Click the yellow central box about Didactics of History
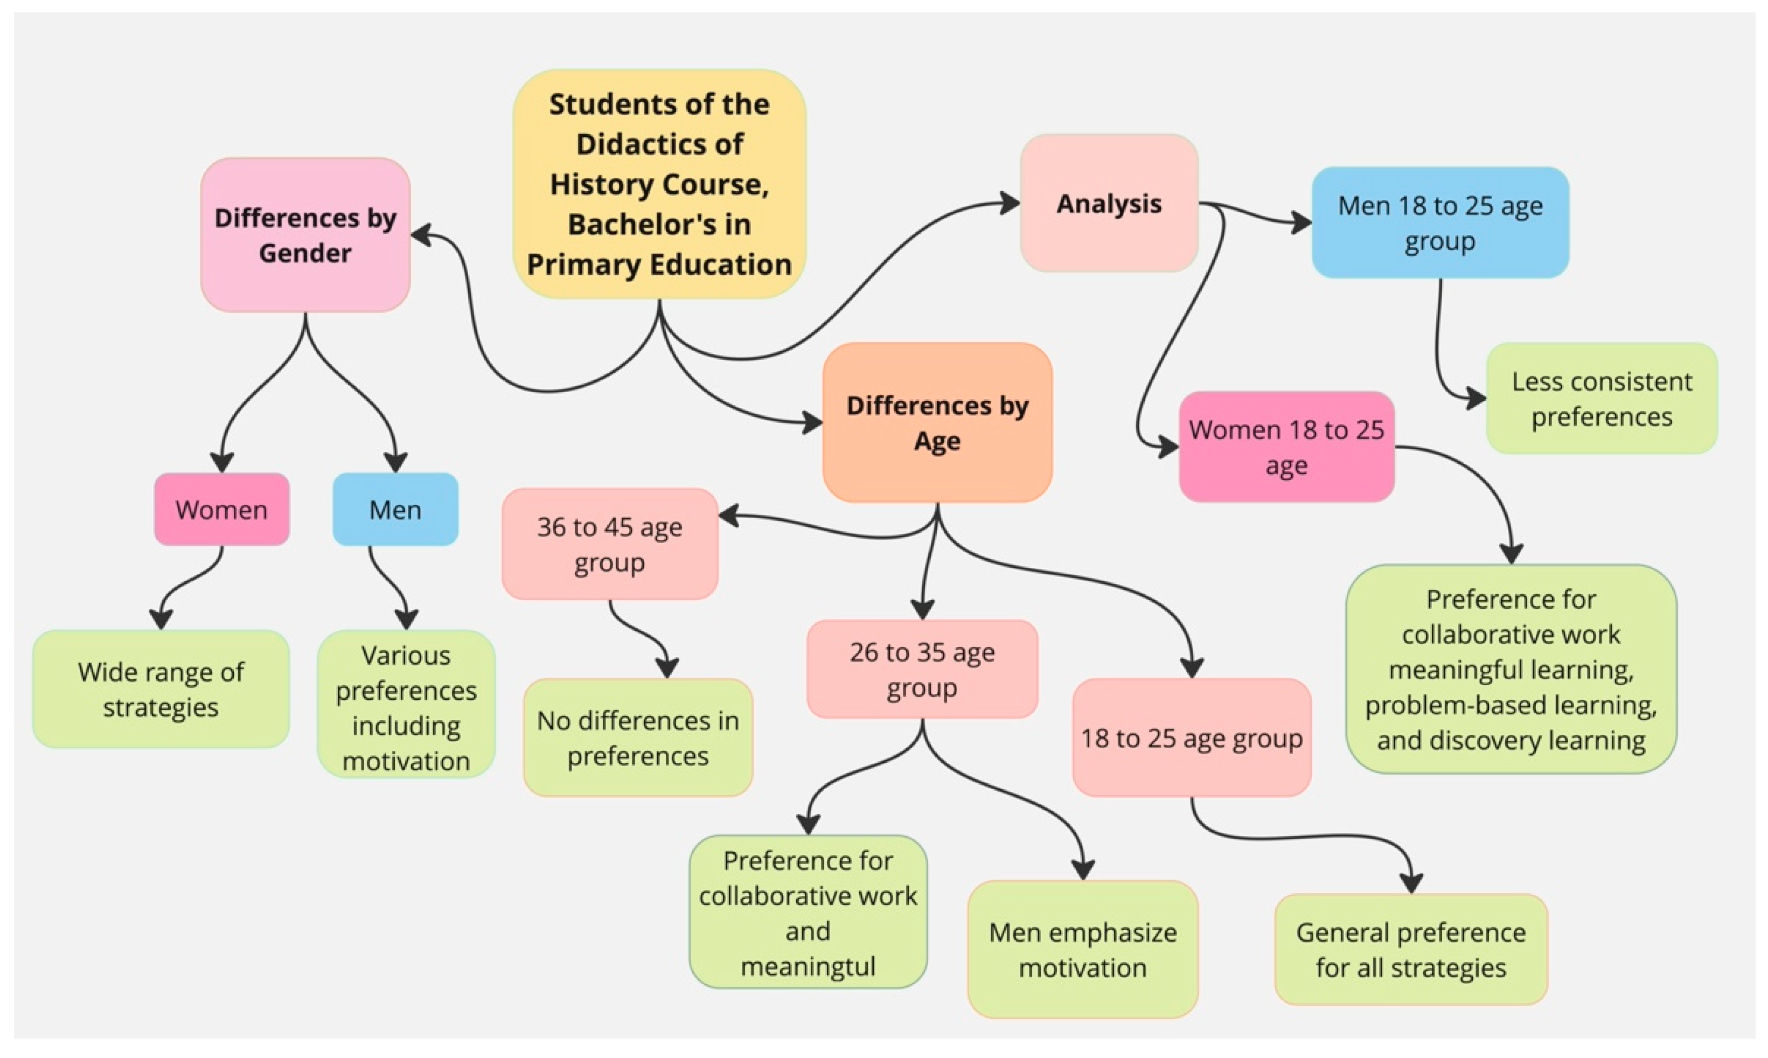click(659, 184)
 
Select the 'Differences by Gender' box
click(305, 235)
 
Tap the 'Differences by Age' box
click(937, 423)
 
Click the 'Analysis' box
click(1109, 204)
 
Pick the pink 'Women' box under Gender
click(222, 510)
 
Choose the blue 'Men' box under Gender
click(395, 510)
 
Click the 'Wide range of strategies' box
click(161, 688)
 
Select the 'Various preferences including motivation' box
click(406, 707)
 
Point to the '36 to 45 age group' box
click(609, 544)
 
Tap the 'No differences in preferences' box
click(637, 738)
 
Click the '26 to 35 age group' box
click(922, 670)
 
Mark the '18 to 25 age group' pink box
click(1191, 738)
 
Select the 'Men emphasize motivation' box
click(1082, 950)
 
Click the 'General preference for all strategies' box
click(1411, 950)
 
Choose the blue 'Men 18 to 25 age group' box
click(1439, 222)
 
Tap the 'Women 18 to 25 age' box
click(1286, 447)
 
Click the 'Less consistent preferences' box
click(1601, 399)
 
